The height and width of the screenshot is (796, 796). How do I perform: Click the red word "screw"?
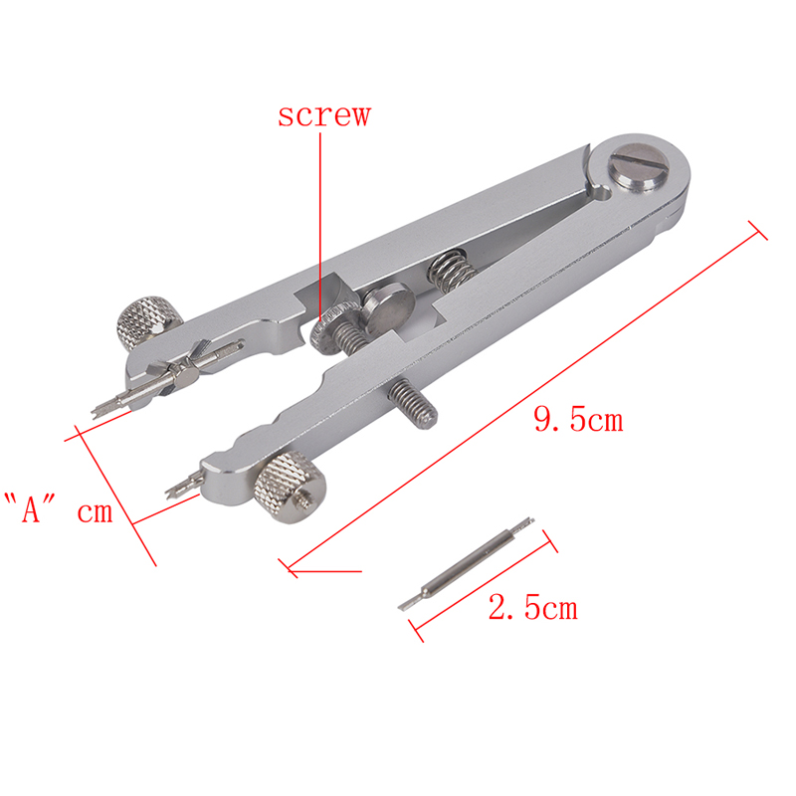(x=324, y=115)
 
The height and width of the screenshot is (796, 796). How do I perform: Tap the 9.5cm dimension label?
(x=578, y=420)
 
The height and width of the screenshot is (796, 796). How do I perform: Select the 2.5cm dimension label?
(x=533, y=607)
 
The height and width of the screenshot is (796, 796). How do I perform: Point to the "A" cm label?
(x=59, y=508)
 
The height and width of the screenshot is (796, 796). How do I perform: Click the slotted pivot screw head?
(x=639, y=168)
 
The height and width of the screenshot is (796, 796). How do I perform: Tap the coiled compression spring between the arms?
(x=453, y=271)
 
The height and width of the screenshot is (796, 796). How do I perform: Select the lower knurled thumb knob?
(x=291, y=488)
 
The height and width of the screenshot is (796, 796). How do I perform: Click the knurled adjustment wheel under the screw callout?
(x=331, y=329)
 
